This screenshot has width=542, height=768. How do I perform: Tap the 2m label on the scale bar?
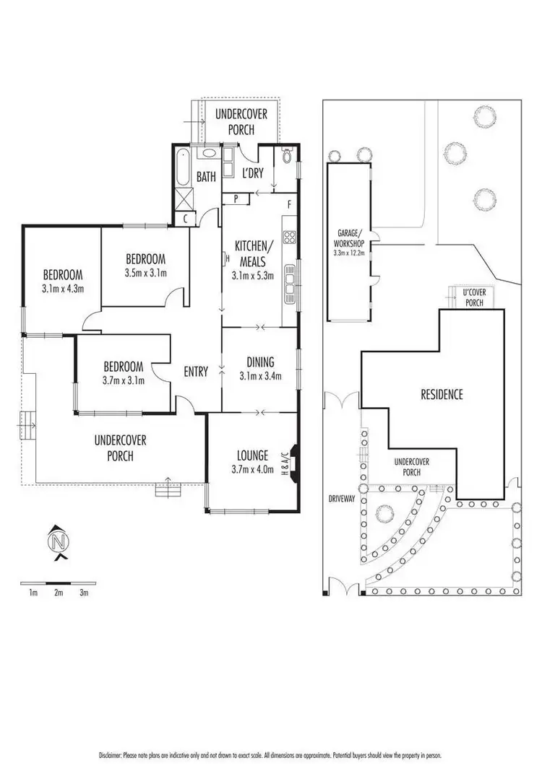point(59,593)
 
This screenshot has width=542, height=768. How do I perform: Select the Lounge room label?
point(252,455)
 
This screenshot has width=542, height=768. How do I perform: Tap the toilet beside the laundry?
point(287,156)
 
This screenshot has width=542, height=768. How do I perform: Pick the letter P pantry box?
point(236,198)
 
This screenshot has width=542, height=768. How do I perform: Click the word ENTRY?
point(196,372)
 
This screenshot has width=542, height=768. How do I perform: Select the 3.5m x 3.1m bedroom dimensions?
point(146,273)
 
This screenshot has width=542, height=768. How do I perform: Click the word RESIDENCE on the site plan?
point(442,394)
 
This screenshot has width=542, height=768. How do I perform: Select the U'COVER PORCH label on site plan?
point(474,297)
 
